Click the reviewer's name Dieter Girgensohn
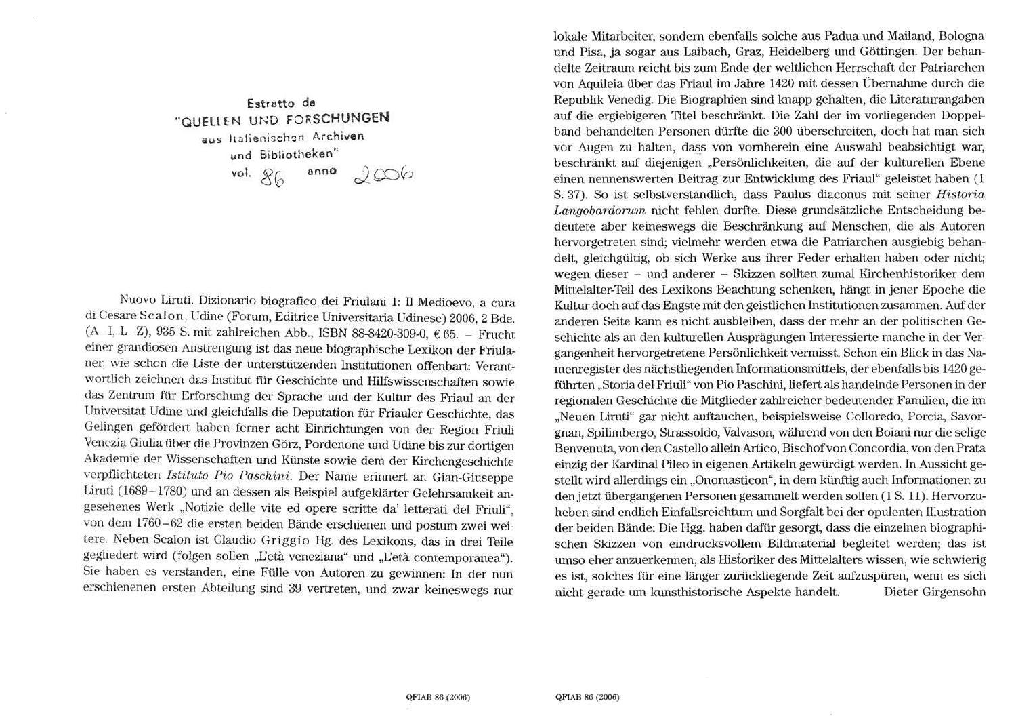(x=934, y=592)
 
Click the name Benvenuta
(x=584, y=448)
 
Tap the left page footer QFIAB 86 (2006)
(x=438, y=696)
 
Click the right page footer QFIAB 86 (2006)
(x=587, y=696)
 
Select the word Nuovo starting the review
(x=139, y=300)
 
